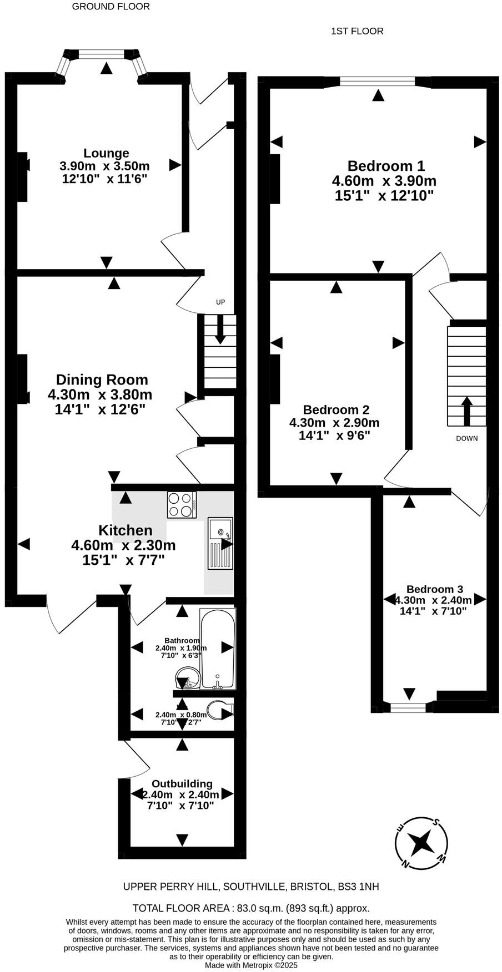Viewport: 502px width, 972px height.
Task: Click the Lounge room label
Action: [106, 153]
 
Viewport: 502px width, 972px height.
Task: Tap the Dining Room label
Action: [102, 380]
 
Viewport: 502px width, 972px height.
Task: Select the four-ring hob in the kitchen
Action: [182, 505]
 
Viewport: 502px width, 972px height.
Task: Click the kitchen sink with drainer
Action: [220, 543]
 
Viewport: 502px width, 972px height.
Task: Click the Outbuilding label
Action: [182, 784]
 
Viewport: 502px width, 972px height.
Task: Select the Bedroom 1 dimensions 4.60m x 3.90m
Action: [384, 181]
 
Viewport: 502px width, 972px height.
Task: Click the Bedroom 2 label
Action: [336, 410]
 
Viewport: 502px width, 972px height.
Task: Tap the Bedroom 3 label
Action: [434, 589]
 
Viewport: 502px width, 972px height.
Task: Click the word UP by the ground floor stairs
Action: [220, 302]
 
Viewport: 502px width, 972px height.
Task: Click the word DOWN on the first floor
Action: [466, 438]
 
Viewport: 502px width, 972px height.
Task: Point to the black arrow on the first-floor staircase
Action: [466, 410]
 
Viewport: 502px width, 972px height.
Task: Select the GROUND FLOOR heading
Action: [111, 7]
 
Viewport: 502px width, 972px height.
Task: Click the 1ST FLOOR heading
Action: [357, 31]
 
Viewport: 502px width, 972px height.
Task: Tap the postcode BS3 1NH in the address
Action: [359, 887]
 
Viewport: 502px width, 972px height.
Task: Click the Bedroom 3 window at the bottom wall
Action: [408, 707]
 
